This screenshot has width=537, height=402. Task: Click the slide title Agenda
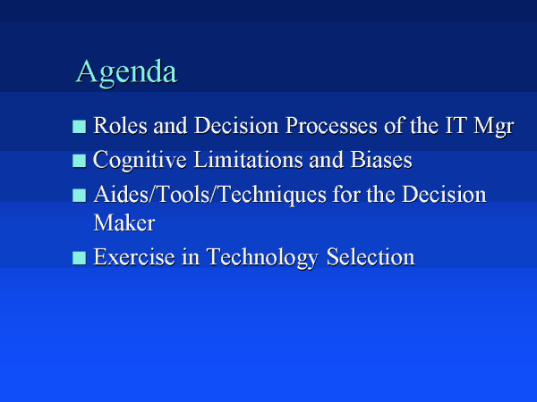coord(126,72)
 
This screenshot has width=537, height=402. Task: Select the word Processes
coord(331,125)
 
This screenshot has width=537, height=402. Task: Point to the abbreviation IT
coord(456,125)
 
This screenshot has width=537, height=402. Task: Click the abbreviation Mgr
coord(494,127)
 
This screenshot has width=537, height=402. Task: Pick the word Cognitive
coord(140,161)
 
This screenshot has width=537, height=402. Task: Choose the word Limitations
coord(248,160)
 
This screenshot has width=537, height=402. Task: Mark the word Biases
coord(381,160)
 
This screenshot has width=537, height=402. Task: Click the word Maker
coord(124,222)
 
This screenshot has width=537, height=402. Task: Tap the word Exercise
coord(134,256)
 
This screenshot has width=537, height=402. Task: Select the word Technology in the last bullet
coord(262,258)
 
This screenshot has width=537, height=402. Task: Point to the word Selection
coord(371,256)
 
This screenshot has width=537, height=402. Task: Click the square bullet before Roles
coord(79,127)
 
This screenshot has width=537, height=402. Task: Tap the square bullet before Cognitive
coord(79,161)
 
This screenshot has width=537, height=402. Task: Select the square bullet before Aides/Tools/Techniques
coord(79,196)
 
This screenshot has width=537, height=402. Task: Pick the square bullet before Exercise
coord(79,258)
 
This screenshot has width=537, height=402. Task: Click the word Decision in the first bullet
coord(236,125)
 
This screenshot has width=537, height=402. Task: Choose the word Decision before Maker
coord(444,195)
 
